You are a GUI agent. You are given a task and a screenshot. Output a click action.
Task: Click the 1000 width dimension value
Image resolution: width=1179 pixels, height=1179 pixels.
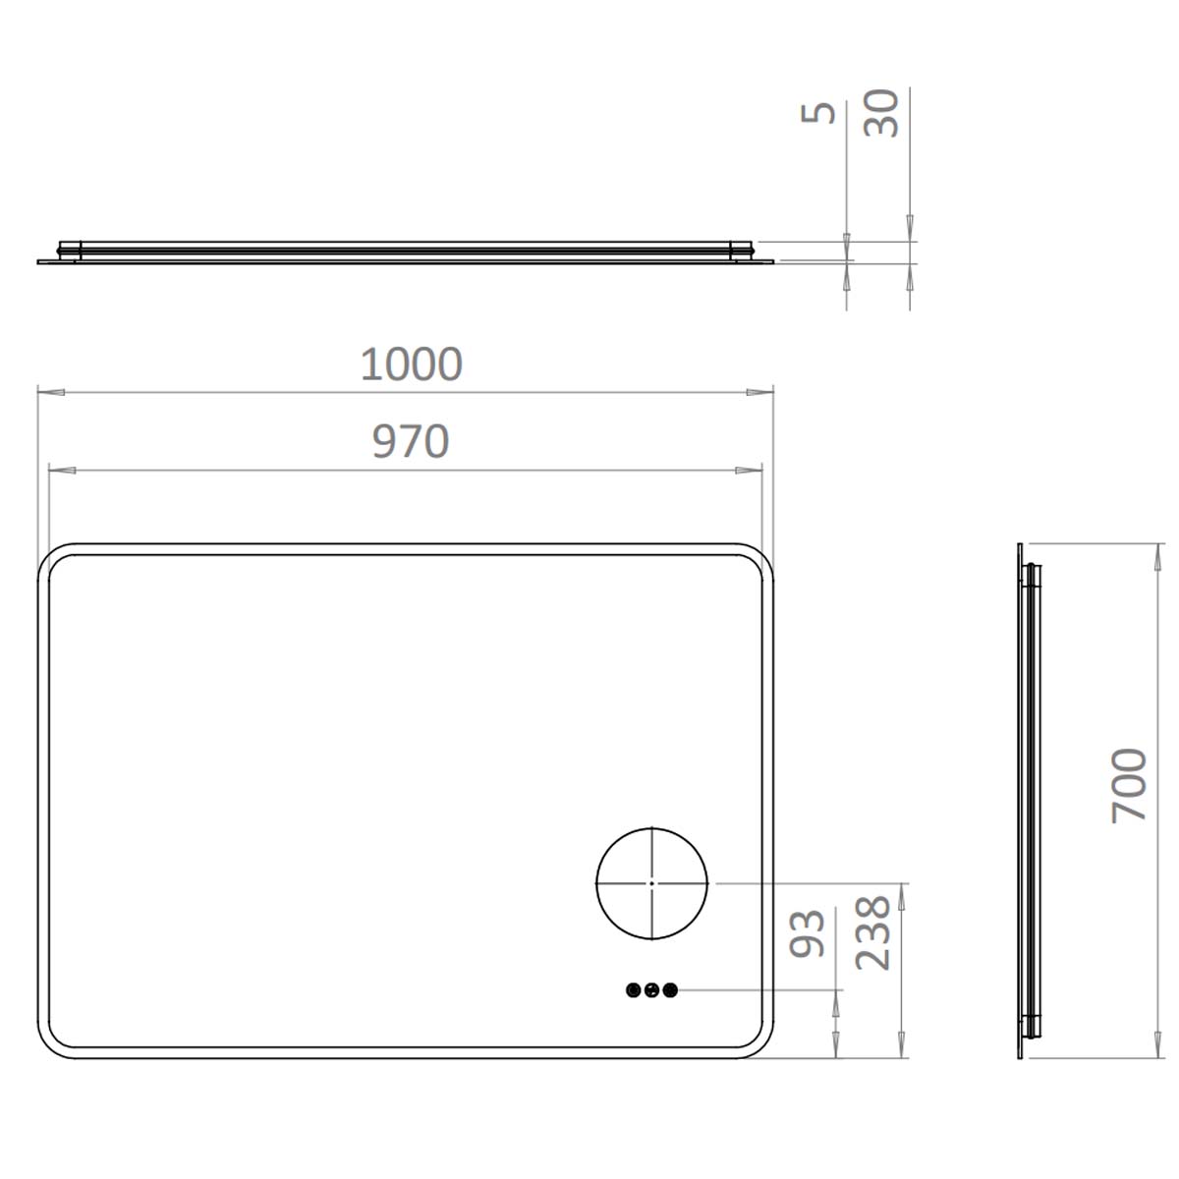click(411, 365)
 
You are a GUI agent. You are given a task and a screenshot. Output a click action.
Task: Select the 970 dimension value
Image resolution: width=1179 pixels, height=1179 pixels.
click(411, 442)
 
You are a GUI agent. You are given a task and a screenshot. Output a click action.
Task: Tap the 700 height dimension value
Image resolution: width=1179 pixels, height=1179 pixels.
click(1129, 785)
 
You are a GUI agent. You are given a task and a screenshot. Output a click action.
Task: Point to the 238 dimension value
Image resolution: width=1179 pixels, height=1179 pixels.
click(872, 932)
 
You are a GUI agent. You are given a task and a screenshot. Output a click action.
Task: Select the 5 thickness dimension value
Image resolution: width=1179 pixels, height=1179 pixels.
click(821, 112)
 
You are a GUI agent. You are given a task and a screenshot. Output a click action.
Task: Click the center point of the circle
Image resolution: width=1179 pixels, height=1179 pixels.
click(651, 883)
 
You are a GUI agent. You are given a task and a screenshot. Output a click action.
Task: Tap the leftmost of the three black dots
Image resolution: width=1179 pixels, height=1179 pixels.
click(633, 990)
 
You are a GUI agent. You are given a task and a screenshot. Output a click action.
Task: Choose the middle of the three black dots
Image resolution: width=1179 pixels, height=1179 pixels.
click(651, 990)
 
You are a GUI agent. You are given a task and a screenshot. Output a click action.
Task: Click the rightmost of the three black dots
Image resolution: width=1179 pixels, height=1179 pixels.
click(670, 990)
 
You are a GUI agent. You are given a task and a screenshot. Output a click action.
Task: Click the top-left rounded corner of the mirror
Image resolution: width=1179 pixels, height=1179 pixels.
click(54, 559)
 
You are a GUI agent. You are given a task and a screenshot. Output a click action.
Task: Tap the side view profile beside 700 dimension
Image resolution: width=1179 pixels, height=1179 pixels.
click(1027, 801)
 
